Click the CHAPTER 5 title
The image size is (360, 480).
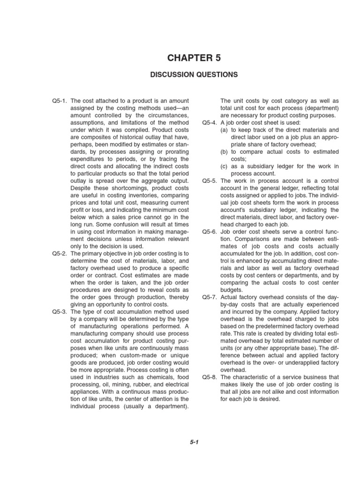pos(194,58)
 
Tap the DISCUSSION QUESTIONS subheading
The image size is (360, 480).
pos(194,75)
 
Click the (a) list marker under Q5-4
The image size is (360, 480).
pos(225,130)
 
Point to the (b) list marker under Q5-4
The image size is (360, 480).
pos(225,152)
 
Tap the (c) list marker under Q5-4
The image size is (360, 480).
pos(225,166)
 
